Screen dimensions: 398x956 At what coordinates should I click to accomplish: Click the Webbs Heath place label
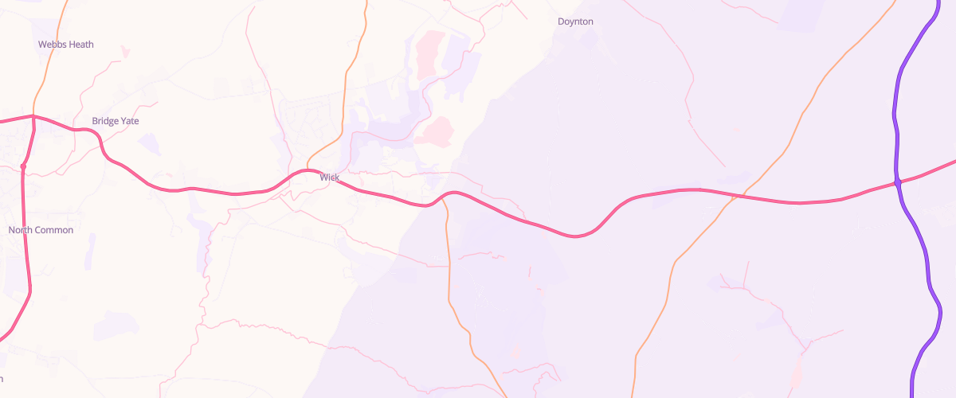pos(66,45)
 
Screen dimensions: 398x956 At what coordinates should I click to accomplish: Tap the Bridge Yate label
pos(116,121)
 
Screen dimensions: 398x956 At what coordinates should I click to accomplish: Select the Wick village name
pos(330,177)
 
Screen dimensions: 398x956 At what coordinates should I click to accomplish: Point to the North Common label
pos(41,230)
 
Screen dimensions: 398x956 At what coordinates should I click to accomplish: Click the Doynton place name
pos(575,21)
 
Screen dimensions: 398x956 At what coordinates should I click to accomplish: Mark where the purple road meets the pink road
pos(898,183)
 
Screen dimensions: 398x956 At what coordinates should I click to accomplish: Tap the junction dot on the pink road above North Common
pos(23,166)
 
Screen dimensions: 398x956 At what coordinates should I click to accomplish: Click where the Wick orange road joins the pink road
pos(308,170)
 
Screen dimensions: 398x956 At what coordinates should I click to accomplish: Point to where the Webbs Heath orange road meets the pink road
pos(33,116)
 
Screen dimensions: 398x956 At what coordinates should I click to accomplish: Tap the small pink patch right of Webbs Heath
pos(124,52)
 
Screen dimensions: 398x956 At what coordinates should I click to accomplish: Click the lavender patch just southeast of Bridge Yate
pos(149,144)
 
